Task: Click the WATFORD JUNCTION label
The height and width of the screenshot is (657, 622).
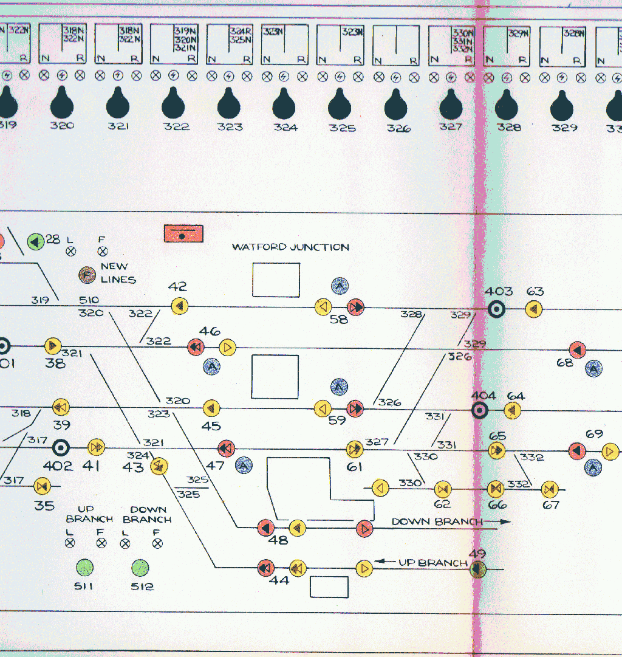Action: point(290,247)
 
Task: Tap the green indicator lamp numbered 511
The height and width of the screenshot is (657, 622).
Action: point(84,568)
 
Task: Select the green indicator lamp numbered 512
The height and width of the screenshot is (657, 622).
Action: point(140,568)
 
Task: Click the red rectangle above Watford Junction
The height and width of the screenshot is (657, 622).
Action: point(183,233)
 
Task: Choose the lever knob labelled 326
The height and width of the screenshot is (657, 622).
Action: point(395,105)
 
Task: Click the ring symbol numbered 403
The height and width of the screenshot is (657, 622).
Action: point(496,309)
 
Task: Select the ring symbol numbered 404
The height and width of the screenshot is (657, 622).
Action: point(480,411)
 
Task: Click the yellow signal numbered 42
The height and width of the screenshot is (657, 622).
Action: point(179,306)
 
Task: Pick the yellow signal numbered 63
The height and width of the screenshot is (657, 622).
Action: point(534,309)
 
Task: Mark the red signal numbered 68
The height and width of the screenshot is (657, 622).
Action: point(577,350)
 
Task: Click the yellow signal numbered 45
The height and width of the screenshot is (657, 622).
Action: point(211,408)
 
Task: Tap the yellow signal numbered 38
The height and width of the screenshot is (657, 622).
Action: point(53,346)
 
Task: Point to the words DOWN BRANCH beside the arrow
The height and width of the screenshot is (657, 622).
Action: point(437,521)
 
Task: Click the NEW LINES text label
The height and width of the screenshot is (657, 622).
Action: point(117,273)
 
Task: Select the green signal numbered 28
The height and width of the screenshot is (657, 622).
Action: point(35,241)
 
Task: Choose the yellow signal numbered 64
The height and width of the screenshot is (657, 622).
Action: point(513,411)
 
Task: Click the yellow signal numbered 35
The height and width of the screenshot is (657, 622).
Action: point(42,486)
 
